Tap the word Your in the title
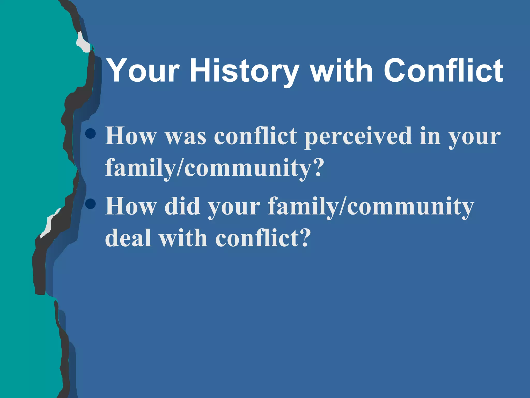[x=143, y=70]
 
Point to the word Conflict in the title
[x=443, y=70]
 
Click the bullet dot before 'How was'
[x=91, y=134]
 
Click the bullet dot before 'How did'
[x=91, y=204]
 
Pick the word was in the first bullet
[x=186, y=137]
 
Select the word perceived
[x=358, y=137]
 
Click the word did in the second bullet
[x=182, y=207]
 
